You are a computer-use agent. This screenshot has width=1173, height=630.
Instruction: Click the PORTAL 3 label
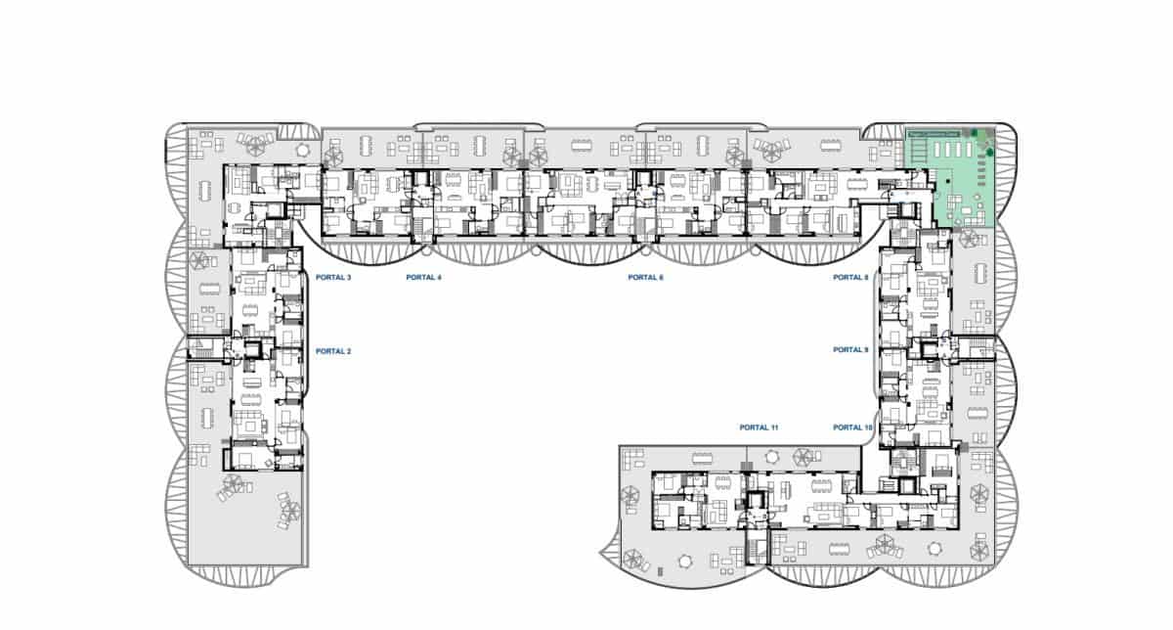333,278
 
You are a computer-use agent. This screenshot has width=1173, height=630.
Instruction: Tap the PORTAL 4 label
424,278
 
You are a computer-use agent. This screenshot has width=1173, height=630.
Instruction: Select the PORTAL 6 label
645,278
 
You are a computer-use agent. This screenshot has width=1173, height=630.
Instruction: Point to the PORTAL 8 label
850,278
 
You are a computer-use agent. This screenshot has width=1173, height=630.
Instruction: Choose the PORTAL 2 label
333,351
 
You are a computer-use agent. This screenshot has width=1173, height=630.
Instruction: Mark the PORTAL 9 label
850,350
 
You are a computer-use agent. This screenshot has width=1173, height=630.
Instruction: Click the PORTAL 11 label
759,427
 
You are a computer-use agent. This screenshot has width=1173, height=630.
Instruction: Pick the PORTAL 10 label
852,427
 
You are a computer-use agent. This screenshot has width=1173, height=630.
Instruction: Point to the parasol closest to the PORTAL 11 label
804,456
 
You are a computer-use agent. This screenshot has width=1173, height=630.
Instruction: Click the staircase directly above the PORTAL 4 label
423,229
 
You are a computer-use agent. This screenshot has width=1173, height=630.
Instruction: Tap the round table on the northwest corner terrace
302,150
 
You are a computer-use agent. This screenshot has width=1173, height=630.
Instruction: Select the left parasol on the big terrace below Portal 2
233,484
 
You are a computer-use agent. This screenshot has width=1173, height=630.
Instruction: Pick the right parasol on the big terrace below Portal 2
290,509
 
